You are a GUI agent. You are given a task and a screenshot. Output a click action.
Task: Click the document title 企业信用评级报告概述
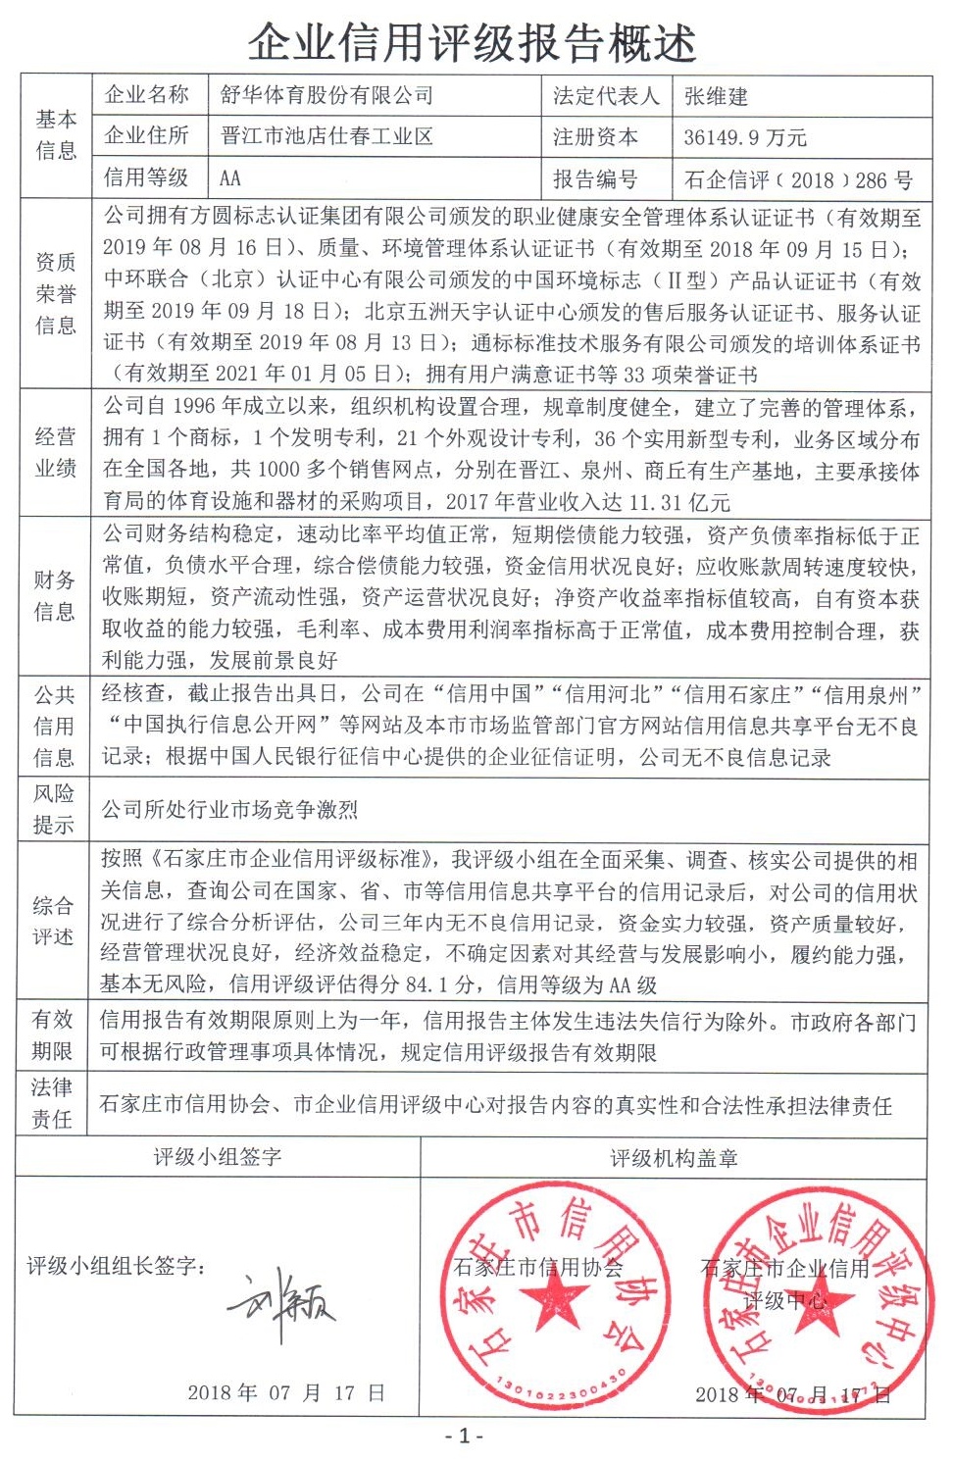point(472,42)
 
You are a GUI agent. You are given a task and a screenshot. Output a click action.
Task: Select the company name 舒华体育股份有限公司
point(326,95)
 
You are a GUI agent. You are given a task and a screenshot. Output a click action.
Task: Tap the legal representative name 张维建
point(716,96)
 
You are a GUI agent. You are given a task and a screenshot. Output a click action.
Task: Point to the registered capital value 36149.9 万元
point(745,137)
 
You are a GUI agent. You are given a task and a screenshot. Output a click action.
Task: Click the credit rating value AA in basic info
point(230,178)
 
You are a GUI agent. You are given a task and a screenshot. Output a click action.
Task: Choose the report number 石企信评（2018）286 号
point(798,180)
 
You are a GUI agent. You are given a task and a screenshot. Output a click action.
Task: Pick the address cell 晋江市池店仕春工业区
point(326,136)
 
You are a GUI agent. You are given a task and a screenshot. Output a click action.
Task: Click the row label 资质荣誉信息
point(56,293)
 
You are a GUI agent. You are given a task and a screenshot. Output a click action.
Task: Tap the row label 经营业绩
point(56,452)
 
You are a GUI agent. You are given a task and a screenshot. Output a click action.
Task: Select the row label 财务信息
point(55,596)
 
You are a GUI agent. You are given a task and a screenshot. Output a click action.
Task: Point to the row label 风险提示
point(54,809)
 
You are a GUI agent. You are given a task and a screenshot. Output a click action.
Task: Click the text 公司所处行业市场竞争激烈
point(229,810)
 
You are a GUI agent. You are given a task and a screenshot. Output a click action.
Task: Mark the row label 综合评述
point(53,921)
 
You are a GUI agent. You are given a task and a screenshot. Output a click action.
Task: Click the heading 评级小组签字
point(218,1157)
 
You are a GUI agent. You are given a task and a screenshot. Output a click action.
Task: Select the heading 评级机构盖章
point(674,1158)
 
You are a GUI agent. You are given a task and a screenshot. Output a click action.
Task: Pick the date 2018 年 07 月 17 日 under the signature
point(285,1392)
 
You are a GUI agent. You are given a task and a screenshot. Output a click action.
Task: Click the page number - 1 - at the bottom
point(465,1436)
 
